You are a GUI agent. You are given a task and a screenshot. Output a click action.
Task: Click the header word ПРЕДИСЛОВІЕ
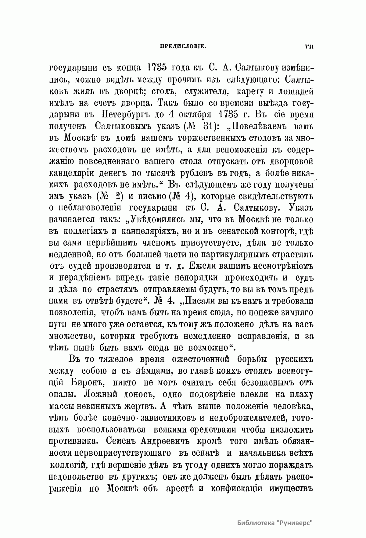183,47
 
